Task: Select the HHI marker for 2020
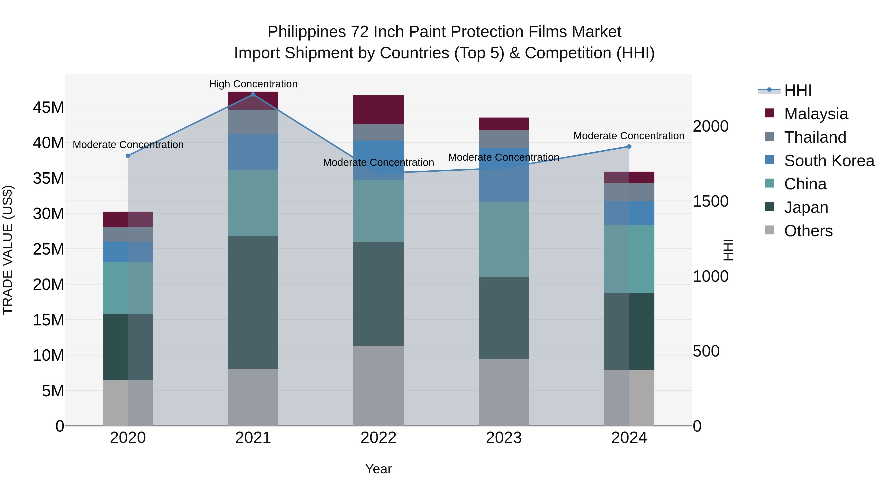128,156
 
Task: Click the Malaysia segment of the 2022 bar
378,110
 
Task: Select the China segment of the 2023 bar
504,239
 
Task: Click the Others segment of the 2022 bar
378,386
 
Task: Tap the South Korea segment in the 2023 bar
504,175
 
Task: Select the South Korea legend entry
829,161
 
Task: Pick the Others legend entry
808,231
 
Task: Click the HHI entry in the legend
798,90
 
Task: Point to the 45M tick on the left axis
48,108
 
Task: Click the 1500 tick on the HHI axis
710,201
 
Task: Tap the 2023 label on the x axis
504,438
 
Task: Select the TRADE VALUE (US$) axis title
8,250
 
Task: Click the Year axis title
378,469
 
